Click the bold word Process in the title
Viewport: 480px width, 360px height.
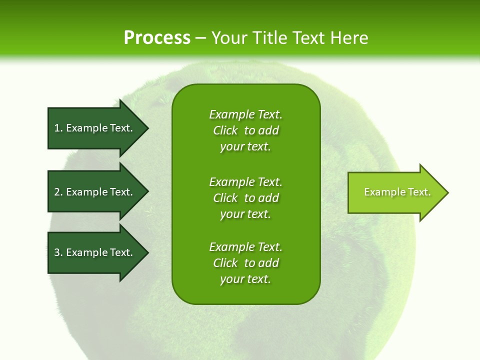tap(157, 38)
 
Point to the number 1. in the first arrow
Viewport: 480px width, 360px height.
tap(58, 128)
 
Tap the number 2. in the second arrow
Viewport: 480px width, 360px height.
tap(58, 192)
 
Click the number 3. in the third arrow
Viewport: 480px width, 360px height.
tap(58, 252)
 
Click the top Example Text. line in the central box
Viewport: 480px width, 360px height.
tap(245, 114)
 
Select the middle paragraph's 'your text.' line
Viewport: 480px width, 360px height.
tap(245, 214)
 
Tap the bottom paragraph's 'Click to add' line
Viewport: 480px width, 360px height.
tap(245, 263)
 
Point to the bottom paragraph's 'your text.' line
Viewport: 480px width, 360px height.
tap(245, 279)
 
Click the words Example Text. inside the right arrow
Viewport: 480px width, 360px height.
tap(397, 192)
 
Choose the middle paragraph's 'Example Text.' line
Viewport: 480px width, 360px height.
tap(245, 181)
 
